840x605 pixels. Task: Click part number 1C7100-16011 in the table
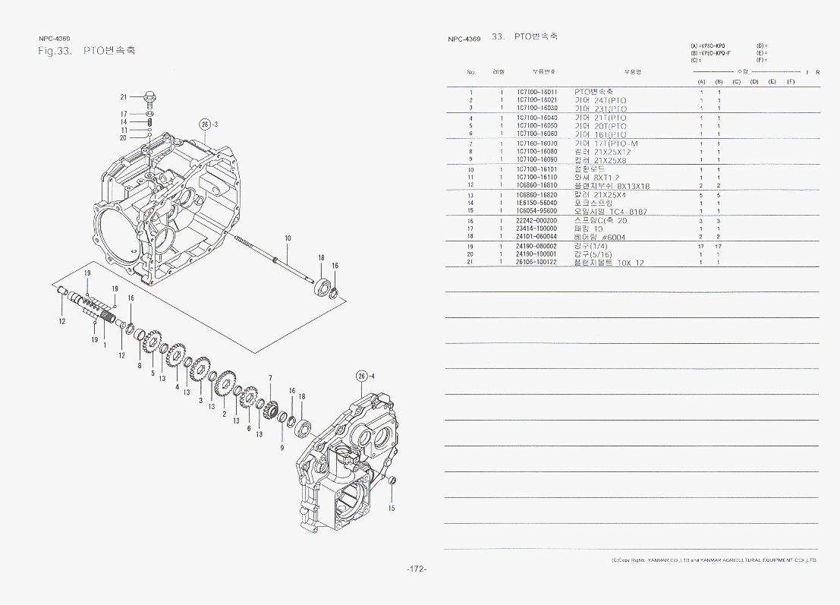pos(536,92)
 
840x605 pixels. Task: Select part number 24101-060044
pos(536,237)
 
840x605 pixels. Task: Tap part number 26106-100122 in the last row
pos(536,263)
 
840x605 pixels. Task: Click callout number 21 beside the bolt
pos(123,96)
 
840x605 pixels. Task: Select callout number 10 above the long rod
pos(288,238)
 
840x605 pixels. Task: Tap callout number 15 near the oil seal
pos(392,508)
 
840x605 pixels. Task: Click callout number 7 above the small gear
pos(270,377)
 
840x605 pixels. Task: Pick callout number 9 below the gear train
pos(282,448)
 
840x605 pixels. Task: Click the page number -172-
pos(417,569)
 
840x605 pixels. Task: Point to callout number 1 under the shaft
pos(105,345)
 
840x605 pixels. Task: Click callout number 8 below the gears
pos(140,365)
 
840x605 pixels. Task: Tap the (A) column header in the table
pos(701,81)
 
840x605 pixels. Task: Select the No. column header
pos(471,72)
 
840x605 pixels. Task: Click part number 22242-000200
pos(536,220)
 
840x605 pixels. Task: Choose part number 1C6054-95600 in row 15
pos(536,211)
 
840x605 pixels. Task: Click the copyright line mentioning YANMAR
pos(713,560)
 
